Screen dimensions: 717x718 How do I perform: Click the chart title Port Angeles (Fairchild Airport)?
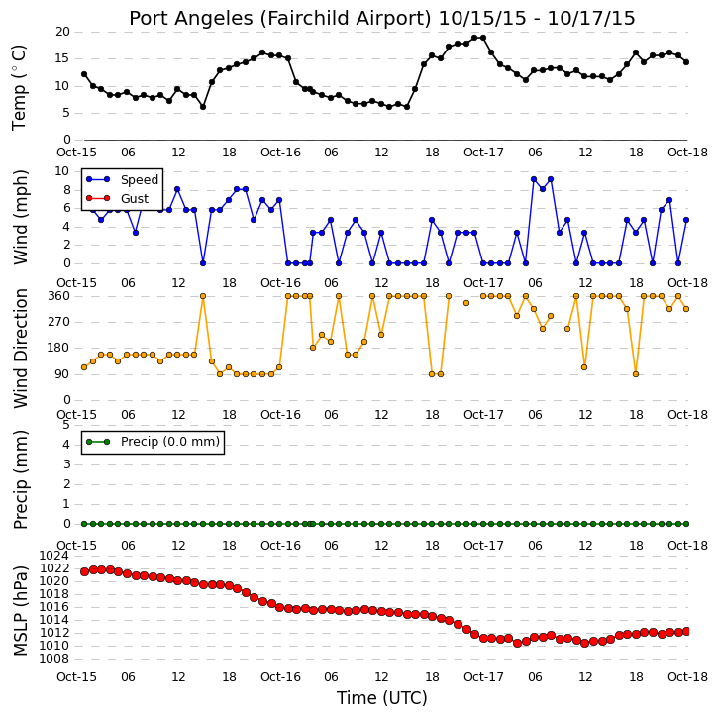tap(280, 18)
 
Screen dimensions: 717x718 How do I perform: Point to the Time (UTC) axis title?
tap(382, 698)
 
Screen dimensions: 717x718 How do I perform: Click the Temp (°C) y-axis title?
tap(19, 87)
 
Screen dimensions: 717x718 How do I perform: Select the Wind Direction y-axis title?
tap(20, 349)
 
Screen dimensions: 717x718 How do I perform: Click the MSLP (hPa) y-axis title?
tap(20, 610)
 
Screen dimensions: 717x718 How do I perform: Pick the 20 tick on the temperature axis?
tap(62, 32)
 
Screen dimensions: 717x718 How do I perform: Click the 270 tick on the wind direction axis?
tap(59, 322)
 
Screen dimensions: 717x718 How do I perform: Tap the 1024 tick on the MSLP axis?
tap(53, 556)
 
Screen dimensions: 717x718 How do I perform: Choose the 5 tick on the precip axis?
tap(66, 425)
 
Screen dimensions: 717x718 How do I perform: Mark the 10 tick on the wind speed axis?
tap(61, 171)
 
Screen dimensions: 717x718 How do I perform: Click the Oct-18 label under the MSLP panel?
tap(687, 676)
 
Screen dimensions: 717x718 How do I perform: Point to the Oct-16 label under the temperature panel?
tap(280, 153)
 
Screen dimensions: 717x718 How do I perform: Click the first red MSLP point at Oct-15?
tap(85, 572)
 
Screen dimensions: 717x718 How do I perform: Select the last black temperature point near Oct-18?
tap(686, 62)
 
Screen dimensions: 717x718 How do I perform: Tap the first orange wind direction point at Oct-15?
tap(84, 367)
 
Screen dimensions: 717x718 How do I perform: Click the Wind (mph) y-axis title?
tap(20, 218)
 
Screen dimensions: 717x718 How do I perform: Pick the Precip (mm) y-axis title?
tap(20, 480)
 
